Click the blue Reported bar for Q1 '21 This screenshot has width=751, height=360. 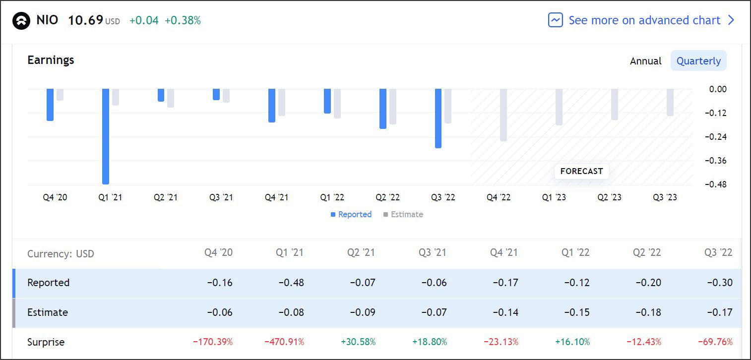point(105,136)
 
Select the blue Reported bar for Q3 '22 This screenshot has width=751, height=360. point(438,118)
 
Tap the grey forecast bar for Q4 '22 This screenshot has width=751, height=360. point(503,115)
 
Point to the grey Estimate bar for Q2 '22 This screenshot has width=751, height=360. point(393,106)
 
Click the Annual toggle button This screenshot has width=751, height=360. point(645,61)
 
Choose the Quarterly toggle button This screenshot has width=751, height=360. point(698,61)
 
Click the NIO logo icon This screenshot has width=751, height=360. point(21,21)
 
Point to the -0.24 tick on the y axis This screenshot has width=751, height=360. point(715,137)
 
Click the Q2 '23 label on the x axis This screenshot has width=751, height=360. point(609,197)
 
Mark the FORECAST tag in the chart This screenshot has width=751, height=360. point(581,171)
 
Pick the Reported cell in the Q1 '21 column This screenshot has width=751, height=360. point(291,283)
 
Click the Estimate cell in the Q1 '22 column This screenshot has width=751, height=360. point(577,312)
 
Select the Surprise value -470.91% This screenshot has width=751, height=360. point(284,342)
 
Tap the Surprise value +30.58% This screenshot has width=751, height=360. point(358,342)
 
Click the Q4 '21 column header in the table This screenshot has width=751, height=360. point(503,252)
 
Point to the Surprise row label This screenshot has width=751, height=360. point(46,342)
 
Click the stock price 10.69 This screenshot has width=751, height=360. point(85,20)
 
